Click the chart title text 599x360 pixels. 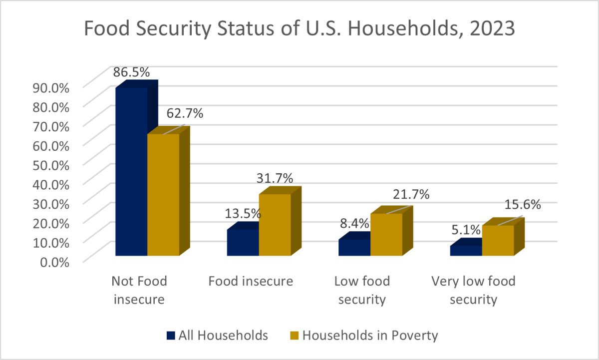pyautogui.click(x=299, y=29)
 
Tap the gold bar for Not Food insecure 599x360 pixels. pyautogui.click(x=163, y=195)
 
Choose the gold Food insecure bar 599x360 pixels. pyautogui.click(x=275, y=225)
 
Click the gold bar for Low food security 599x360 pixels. pyautogui.click(x=386, y=235)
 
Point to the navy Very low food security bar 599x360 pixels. pyautogui.click(x=466, y=251)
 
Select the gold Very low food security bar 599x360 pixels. pyautogui.click(x=498, y=241)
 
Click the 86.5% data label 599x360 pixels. pyautogui.click(x=131, y=72)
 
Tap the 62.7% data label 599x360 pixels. pyautogui.click(x=185, y=113)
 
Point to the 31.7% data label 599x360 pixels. pyautogui.click(x=275, y=178)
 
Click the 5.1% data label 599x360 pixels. pyautogui.click(x=465, y=230)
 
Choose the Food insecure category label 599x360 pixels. pyautogui.click(x=251, y=281)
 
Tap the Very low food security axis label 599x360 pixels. pyautogui.click(x=473, y=290)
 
